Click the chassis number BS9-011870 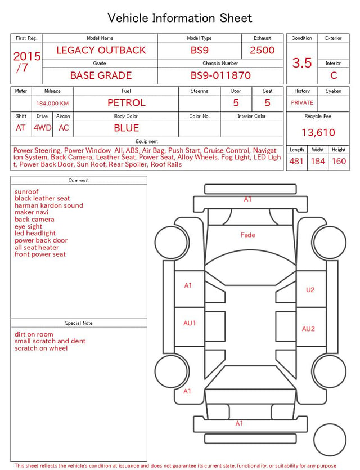point(220,75)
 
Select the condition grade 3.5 point(302,62)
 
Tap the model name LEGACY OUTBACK point(101,50)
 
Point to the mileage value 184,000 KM point(52,104)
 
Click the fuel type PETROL point(127,103)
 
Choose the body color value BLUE point(127,128)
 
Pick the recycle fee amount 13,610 point(318,132)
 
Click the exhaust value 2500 point(262,50)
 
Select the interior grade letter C point(334,75)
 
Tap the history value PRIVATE point(302,102)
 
